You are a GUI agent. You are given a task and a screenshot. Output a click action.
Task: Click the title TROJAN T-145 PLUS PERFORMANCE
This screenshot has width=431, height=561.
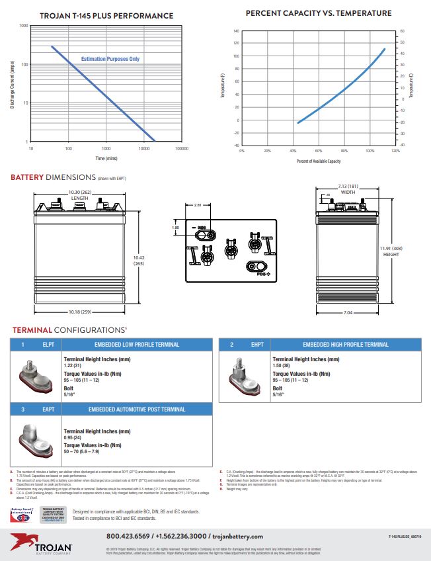tap(116, 15)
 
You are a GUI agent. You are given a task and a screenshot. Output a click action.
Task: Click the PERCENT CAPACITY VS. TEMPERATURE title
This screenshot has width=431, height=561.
tap(318, 13)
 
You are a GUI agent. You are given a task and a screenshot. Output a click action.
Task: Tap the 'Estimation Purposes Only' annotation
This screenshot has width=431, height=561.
tap(110, 59)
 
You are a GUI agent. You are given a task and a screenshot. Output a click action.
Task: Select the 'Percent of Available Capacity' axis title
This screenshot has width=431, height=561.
tap(319, 161)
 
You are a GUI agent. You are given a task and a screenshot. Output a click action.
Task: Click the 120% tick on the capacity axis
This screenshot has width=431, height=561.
tap(395, 151)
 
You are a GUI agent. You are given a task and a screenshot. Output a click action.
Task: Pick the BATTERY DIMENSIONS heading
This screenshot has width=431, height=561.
tap(53, 177)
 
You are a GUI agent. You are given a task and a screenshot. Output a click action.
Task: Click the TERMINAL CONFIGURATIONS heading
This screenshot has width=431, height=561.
tap(69, 329)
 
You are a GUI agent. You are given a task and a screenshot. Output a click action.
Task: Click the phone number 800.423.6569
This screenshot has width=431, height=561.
tap(132, 537)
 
